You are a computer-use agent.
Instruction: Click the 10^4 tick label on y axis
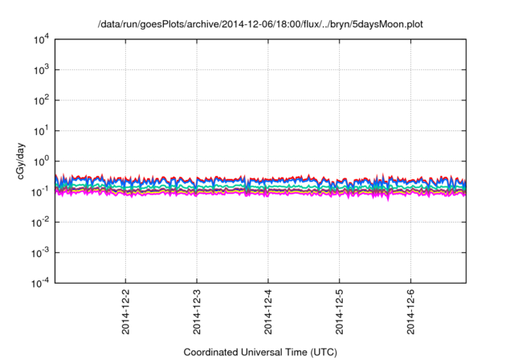click(x=42, y=39)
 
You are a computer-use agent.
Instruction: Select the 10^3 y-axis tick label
click(x=42, y=69)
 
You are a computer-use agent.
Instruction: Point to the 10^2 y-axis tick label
click(x=42, y=100)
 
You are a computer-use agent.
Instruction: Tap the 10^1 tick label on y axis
click(x=42, y=130)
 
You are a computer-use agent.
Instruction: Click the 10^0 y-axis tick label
click(x=42, y=161)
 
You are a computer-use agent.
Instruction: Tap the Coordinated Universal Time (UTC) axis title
click(x=260, y=352)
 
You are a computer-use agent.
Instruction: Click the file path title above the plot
click(x=260, y=25)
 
